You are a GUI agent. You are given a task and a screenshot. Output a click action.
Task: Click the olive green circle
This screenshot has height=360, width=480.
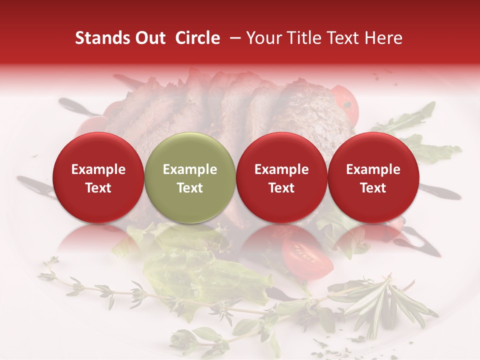pos(190,177)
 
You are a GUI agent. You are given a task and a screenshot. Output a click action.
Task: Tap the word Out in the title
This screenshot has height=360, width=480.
pos(149,38)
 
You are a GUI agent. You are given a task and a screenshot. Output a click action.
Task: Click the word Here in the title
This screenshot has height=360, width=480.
pos(384,38)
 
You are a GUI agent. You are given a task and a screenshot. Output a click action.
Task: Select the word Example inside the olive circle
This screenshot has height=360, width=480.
pos(190,169)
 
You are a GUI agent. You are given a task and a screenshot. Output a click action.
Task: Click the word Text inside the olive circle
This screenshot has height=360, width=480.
pos(190,188)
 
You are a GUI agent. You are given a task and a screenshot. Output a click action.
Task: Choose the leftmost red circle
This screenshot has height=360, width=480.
pos(98,177)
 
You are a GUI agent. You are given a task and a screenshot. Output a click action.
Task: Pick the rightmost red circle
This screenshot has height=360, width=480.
pos(373,177)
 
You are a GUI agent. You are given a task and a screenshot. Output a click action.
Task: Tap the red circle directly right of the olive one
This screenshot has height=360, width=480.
pos(281,177)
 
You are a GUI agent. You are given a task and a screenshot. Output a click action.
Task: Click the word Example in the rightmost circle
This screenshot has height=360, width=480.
pos(373,169)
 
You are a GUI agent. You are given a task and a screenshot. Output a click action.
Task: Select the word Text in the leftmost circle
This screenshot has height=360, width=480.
pos(98,188)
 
